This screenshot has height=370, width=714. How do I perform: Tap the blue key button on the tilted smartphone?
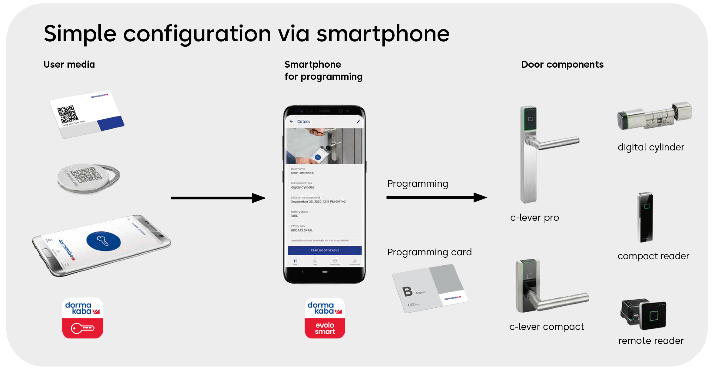point(103,241)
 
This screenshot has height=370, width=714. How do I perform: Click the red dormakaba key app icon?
point(82,318)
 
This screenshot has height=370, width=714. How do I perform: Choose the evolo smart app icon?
point(325,318)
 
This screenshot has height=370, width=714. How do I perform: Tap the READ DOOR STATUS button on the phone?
point(325,250)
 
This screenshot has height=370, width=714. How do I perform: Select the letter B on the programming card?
point(408,291)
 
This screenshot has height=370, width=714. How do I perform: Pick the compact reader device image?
point(645,217)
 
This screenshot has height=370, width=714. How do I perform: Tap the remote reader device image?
point(643,315)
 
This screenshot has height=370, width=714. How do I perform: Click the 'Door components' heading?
point(562,64)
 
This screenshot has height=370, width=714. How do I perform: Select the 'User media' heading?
point(69,64)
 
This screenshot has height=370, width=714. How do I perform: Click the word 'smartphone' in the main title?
point(383,34)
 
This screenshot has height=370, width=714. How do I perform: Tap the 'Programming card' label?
point(429,252)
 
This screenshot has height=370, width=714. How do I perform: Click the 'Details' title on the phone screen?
point(304,122)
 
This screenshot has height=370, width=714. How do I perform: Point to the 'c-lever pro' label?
point(534,217)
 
